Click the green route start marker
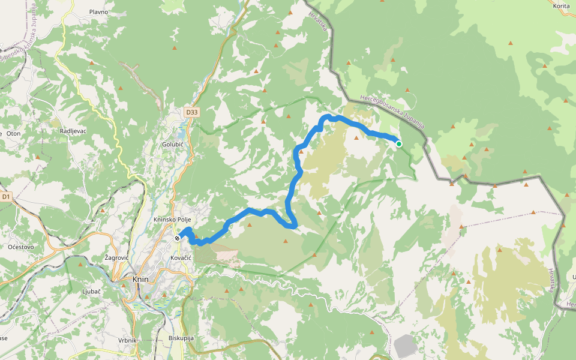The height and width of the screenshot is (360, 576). click(398, 143)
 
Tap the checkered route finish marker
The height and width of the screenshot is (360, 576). click(178, 238)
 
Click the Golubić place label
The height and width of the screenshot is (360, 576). click(172, 145)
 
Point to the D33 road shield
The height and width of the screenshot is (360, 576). click(191, 112)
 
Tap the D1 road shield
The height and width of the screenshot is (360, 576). click(6, 196)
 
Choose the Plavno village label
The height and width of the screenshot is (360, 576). click(98, 12)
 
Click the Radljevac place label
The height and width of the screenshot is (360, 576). click(74, 131)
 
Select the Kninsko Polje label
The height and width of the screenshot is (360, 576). click(172, 220)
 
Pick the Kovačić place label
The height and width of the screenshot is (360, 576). click(180, 257)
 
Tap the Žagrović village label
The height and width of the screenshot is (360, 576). click(116, 257)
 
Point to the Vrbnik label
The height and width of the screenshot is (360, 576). click(128, 340)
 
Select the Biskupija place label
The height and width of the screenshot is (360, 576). click(181, 338)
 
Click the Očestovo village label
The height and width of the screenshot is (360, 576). click(21, 247)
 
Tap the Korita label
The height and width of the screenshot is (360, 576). click(561, 5)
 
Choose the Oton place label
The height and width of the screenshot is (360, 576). click(13, 133)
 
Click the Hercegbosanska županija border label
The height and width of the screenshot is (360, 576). click(392, 112)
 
